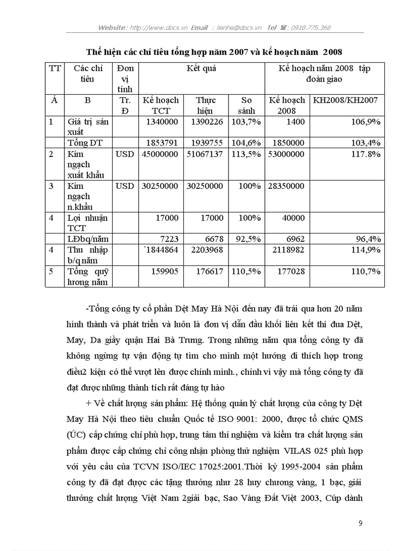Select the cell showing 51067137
coord(205,154)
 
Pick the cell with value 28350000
coord(286,186)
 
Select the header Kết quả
coord(201,68)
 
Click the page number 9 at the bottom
coord(360,524)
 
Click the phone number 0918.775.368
coord(311,27)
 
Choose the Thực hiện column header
coord(205,105)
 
